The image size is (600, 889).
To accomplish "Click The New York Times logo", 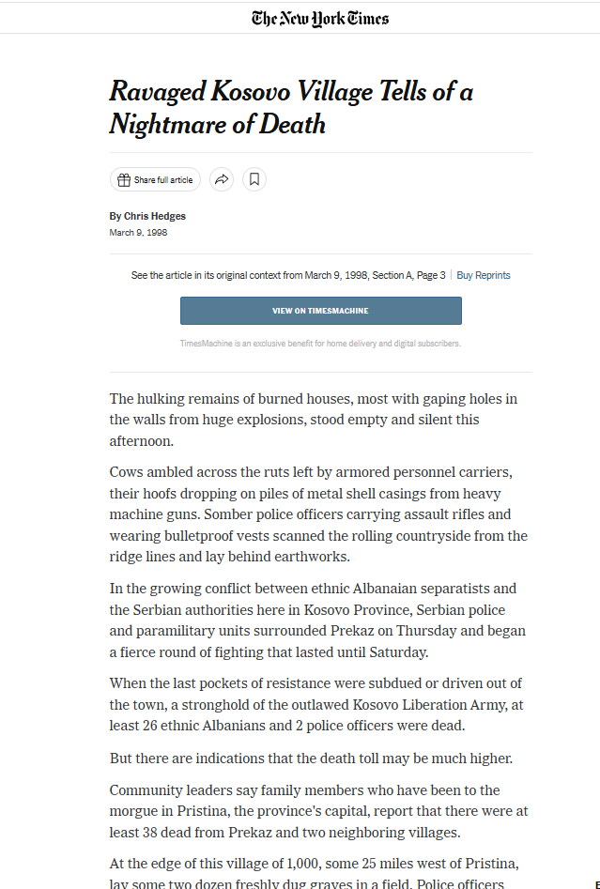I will pyautogui.click(x=319, y=18).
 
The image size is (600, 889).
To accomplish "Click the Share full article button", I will pyautogui.click(x=156, y=179).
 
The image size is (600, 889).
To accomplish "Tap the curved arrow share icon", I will pyautogui.click(x=222, y=179).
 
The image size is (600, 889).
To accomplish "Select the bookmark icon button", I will pyautogui.click(x=254, y=179).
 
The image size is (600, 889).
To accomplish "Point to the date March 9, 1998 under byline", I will pyautogui.click(x=138, y=233).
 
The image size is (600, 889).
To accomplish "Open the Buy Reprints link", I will pyautogui.click(x=484, y=275).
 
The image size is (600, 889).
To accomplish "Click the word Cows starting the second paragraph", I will pyautogui.click(x=127, y=471).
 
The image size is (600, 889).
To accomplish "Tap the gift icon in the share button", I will pyautogui.click(x=124, y=179).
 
